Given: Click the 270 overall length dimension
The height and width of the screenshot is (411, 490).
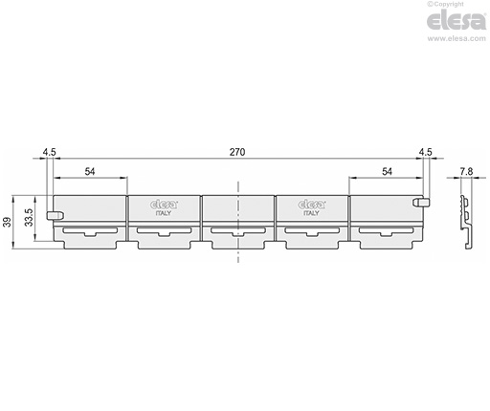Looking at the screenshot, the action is click(x=237, y=152).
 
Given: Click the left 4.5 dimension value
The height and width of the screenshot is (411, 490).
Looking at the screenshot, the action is click(x=50, y=152).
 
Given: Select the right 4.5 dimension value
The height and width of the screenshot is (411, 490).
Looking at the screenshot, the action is click(x=425, y=152).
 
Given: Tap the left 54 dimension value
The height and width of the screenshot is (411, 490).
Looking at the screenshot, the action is click(x=90, y=172).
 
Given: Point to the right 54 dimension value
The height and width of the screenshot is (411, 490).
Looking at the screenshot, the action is click(x=387, y=172).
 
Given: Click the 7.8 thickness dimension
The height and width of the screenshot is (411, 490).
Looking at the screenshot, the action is click(x=466, y=172).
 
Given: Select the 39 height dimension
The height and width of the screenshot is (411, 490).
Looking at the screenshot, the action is click(x=8, y=222).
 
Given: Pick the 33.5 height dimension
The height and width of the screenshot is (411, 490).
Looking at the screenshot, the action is click(x=29, y=217).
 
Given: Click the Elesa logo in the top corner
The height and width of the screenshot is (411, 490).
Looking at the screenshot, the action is click(x=457, y=21).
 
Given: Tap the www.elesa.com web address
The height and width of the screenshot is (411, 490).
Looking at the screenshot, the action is click(x=457, y=38).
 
